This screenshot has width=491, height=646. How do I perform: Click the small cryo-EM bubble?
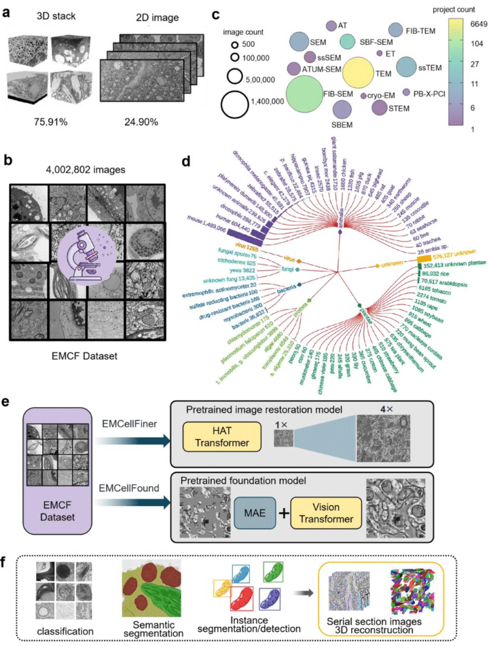(x=364, y=97)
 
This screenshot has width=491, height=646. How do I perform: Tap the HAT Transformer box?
(x=228, y=434)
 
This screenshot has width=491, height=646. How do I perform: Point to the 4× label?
(x=374, y=409)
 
